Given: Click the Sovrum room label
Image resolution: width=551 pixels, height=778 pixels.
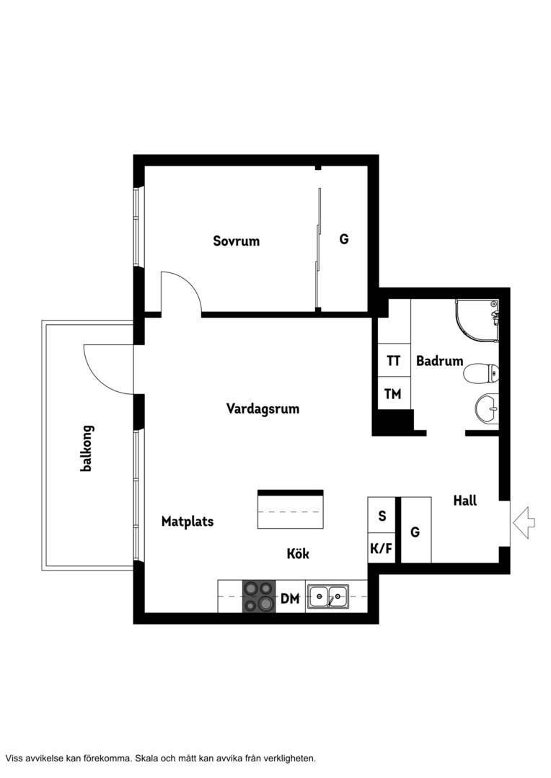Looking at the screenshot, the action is click(236, 241).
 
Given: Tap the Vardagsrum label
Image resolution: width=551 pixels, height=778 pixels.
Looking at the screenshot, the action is click(263, 409).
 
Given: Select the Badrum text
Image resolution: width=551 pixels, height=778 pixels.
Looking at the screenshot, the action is click(439, 361).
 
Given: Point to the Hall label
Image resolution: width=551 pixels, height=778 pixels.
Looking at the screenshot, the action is click(465, 501).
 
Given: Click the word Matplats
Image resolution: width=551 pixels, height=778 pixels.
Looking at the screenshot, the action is click(188, 522).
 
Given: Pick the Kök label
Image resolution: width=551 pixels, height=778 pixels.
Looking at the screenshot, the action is click(298, 553).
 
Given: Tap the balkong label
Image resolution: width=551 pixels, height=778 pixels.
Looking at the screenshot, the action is click(87, 448).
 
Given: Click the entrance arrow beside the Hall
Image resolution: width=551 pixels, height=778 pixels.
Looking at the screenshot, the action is click(524, 522).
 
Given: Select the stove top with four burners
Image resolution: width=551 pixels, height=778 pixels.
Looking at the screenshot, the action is click(259, 596).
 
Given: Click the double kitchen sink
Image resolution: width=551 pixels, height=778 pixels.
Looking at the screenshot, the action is click(327, 596).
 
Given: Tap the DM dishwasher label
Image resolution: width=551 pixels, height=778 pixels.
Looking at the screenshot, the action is click(290, 599).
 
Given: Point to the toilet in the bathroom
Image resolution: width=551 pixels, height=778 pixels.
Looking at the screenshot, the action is click(481, 373).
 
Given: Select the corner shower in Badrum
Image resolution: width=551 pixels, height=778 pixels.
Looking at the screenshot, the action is click(477, 321).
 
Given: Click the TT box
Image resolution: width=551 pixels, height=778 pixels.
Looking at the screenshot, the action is click(394, 360).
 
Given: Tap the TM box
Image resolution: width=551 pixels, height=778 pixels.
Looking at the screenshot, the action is click(394, 393).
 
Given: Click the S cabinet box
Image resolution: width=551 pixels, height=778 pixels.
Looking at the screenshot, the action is click(381, 515).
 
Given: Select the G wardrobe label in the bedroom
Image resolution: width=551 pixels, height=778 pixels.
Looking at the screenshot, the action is click(344, 239).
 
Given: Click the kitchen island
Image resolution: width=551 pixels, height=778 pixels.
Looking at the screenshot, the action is click(291, 509).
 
